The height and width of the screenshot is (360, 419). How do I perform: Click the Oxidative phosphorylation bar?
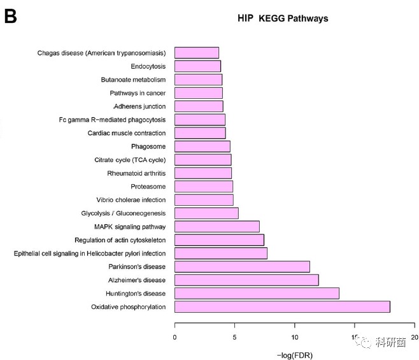click(x=282, y=306)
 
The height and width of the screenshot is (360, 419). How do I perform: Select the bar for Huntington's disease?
click(x=257, y=293)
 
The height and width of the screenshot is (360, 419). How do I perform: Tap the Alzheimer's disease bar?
click(x=246, y=280)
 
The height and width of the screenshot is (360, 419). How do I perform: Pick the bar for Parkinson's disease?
click(x=242, y=266)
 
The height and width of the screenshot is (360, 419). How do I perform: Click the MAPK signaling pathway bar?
click(x=217, y=226)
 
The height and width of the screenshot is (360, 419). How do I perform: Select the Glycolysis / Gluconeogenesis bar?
click(x=206, y=213)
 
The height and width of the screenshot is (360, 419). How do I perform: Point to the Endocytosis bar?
click(x=197, y=66)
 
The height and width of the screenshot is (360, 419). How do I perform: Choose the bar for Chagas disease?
click(x=197, y=52)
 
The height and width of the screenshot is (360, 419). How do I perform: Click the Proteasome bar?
click(x=204, y=186)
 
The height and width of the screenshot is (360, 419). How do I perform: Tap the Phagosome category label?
click(x=148, y=147)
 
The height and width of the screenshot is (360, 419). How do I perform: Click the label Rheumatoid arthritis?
click(x=136, y=173)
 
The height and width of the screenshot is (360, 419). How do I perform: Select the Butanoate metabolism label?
click(x=133, y=80)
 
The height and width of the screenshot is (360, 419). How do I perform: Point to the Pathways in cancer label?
click(x=138, y=93)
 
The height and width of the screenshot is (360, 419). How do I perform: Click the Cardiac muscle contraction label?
click(x=126, y=133)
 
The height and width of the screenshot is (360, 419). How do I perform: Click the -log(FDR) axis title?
click(x=295, y=354)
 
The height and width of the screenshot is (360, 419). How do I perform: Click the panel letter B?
click(x=11, y=17)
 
